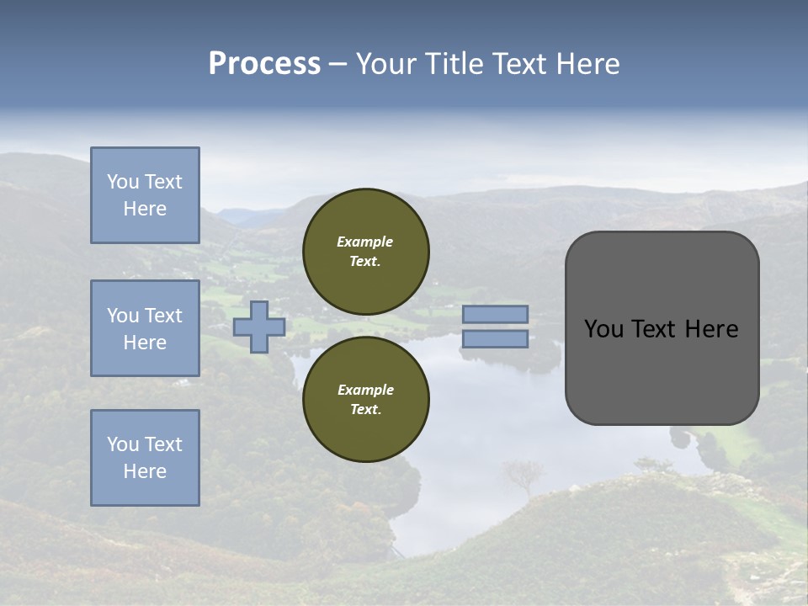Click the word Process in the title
[264, 64]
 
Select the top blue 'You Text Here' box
[145, 195]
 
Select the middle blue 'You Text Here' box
[145, 328]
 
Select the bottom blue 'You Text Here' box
[145, 458]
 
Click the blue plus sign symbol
[259, 327]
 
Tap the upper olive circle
[365, 252]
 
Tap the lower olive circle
[365, 400]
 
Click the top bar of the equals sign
[495, 315]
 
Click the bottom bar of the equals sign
[495, 339]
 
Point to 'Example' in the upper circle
[365, 242]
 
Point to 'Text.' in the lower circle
[365, 410]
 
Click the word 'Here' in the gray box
[710, 329]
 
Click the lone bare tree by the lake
[523, 476]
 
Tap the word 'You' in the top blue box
[122, 182]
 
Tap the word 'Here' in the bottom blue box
[145, 471]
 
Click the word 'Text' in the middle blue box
[162, 316]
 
